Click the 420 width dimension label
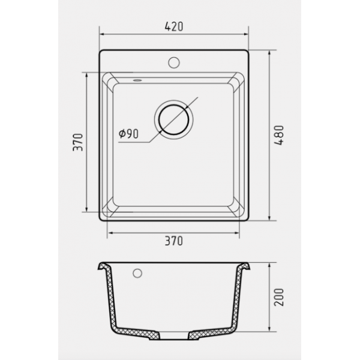tap(174, 26)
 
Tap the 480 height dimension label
tap(279, 135)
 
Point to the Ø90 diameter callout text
tap(128, 134)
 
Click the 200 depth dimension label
tap(279, 298)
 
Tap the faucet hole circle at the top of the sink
tap(174, 62)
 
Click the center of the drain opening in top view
tap(174, 119)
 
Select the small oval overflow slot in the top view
tap(137, 80)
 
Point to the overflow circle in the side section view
tap(137, 273)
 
